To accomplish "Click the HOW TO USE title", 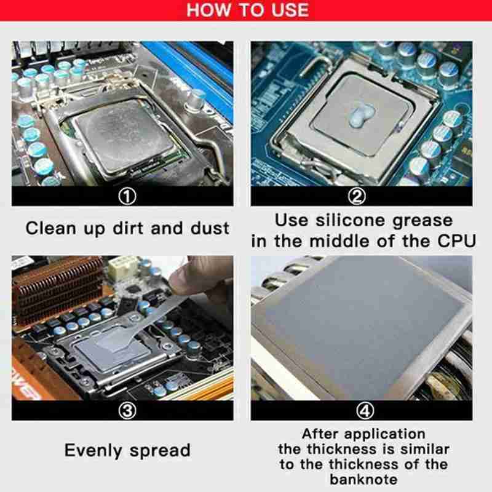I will [247, 10].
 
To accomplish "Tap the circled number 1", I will [127, 196].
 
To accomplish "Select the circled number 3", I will [127, 411].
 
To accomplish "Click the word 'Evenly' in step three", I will [93, 450].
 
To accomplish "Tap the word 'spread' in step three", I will [161, 451].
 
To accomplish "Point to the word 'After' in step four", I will [319, 434].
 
